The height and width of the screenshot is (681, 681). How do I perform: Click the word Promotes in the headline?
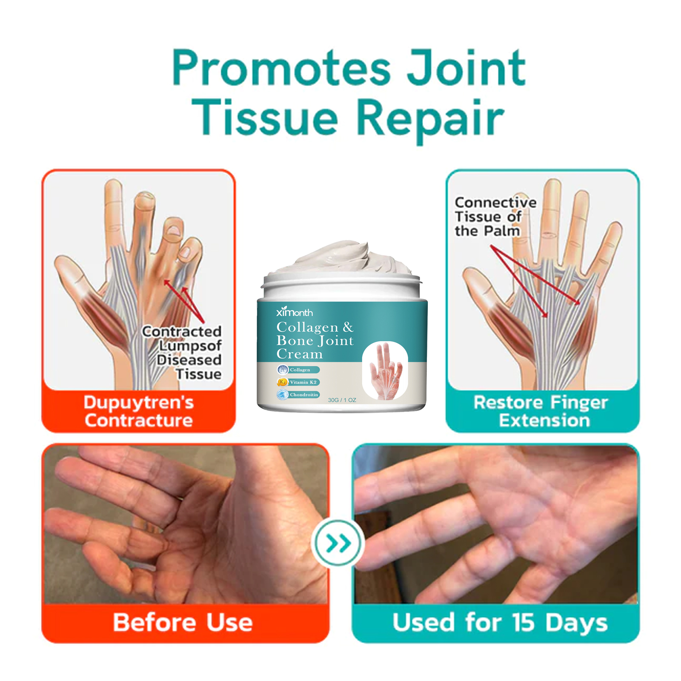pos(281,68)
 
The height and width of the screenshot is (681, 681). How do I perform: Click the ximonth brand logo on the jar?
pos(294,312)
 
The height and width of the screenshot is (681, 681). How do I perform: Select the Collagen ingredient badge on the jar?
pos(298,370)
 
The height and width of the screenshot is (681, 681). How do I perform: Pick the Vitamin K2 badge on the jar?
pos(298,382)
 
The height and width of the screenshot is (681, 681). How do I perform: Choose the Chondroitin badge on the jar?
pos(298,394)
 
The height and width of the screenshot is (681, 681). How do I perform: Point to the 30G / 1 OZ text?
pos(342,400)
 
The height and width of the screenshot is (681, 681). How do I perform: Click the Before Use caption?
pos(183,622)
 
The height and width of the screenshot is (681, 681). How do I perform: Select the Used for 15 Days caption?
pos(500,623)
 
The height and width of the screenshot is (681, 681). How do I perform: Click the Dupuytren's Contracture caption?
pos(139,411)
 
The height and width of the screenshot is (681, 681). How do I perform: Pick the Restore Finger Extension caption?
pos(541,411)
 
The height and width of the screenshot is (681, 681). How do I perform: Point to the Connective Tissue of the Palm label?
pos(495,216)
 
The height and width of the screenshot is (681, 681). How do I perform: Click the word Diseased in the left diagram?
pos(189,360)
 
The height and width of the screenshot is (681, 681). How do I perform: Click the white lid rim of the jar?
pos(342,281)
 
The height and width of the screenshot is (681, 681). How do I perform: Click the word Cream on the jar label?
pos(299,354)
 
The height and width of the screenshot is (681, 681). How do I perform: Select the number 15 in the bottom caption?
pos(523,622)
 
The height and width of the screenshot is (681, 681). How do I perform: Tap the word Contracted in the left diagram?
pos(182,331)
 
